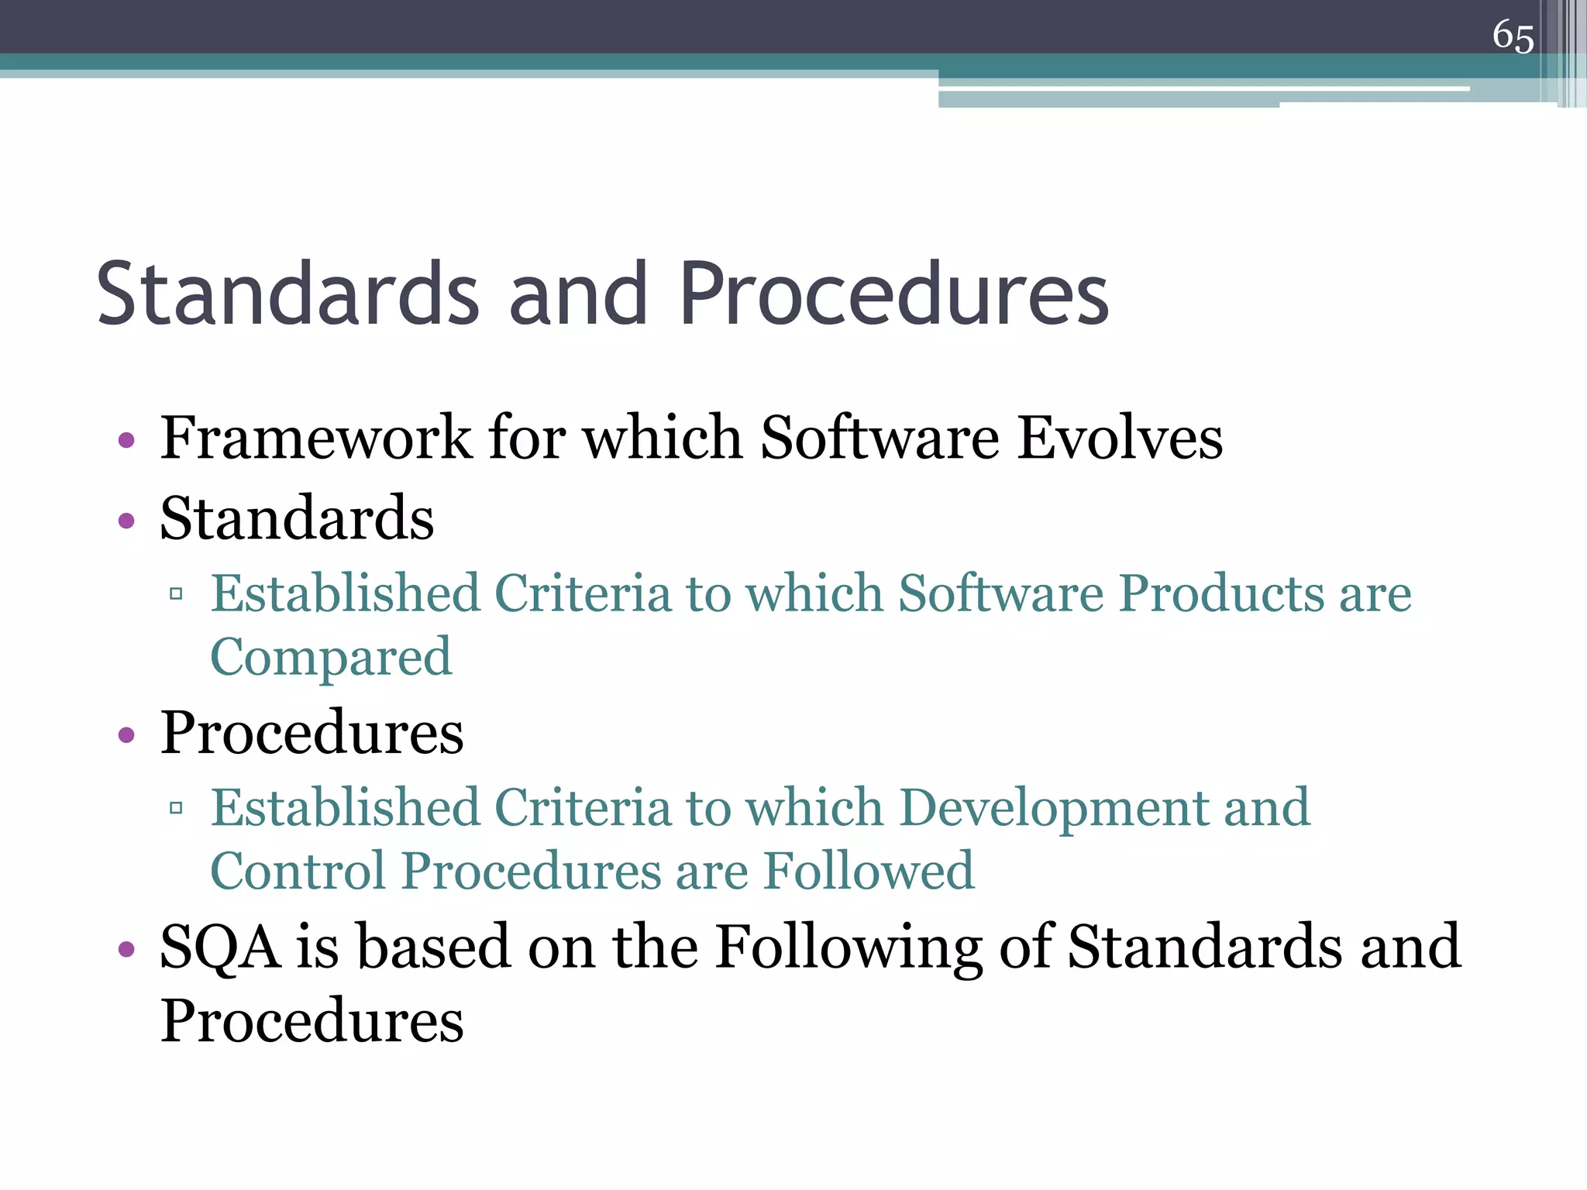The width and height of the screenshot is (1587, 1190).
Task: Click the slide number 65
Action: [x=1513, y=36]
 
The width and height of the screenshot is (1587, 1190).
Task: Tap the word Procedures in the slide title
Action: [x=894, y=294]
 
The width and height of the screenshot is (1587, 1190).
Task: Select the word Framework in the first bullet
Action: [x=315, y=439]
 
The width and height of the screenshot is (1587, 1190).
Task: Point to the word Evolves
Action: [x=1120, y=439]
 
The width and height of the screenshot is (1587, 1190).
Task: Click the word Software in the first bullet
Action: [x=880, y=439]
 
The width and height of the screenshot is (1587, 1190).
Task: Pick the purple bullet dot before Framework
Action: [x=127, y=442]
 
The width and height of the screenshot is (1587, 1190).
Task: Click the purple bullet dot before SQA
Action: [x=127, y=949]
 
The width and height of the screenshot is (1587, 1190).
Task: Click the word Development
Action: [x=1054, y=809]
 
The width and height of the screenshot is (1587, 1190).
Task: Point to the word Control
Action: [x=298, y=872]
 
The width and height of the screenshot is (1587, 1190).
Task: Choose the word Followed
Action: [x=869, y=872]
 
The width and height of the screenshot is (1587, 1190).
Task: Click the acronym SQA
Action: [x=220, y=948]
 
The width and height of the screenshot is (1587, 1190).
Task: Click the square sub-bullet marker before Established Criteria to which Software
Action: [x=176, y=595]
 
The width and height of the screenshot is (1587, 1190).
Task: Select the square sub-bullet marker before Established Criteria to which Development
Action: [x=176, y=809]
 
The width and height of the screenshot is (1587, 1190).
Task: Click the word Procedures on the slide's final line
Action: [x=312, y=1022]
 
